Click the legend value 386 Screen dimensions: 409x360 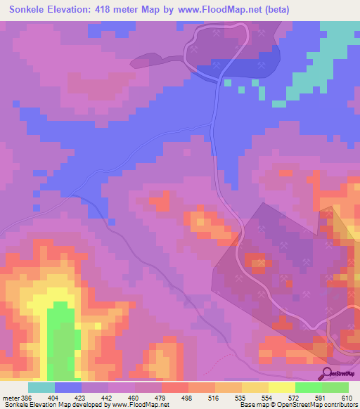[x=25, y=398]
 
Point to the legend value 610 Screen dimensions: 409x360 [x=347, y=398]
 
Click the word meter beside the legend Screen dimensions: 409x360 [x=9, y=398]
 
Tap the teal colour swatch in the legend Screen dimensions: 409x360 [x=41, y=387]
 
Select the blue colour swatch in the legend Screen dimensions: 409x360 [x=68, y=387]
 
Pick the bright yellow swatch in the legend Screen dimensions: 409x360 [x=281, y=387]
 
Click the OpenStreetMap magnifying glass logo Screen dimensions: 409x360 [x=324, y=372]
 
